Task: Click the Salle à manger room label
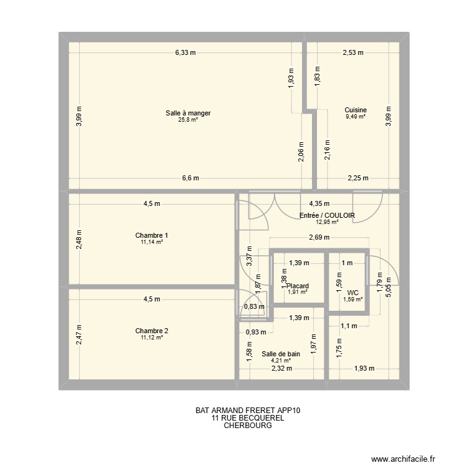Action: [188, 113]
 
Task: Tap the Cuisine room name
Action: [356, 110]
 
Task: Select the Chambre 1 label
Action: [152, 235]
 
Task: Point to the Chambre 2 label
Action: [152, 331]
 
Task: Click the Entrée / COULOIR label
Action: [327, 215]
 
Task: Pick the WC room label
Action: [353, 293]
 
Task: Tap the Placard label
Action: [298, 286]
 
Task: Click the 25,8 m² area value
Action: [188, 120]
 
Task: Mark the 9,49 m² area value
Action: [356, 117]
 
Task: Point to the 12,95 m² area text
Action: [327, 222]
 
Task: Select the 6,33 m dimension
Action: [185, 53]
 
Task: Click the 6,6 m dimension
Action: [190, 178]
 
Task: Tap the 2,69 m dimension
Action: [319, 237]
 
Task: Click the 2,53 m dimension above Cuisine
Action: [353, 53]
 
